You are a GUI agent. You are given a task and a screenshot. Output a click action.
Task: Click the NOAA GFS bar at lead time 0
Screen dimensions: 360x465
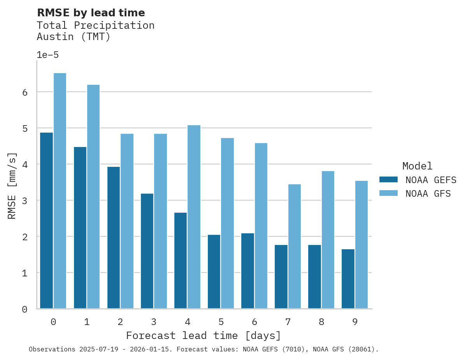point(60,191)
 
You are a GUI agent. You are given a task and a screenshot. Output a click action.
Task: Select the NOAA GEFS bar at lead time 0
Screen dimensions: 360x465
point(46,220)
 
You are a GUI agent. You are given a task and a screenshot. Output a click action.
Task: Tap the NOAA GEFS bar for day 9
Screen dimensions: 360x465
point(348,279)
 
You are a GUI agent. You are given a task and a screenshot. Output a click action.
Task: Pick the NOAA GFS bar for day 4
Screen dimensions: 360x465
point(194,217)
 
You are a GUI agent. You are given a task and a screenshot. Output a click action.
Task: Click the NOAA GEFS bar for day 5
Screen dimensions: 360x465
point(214,272)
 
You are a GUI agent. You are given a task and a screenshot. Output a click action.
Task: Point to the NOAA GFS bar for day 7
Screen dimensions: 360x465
point(295,246)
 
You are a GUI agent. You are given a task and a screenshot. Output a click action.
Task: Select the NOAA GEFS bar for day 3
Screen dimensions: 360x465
point(147,251)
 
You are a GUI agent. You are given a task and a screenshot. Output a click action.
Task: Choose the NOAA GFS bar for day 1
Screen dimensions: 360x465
point(93,197)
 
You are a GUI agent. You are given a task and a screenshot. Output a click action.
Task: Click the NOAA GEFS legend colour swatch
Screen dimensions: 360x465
point(388,180)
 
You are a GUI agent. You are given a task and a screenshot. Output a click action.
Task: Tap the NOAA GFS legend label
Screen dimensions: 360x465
point(428,194)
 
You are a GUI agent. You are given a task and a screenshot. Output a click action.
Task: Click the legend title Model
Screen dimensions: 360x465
point(417,166)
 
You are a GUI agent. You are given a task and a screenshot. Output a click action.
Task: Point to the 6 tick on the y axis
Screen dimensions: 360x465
point(25,92)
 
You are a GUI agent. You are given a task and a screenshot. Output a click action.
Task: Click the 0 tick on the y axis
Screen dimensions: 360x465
point(25,309)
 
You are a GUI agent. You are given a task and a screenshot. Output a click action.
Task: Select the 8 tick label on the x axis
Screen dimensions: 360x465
point(321,322)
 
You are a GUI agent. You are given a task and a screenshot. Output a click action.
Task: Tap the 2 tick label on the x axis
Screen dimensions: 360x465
point(120,322)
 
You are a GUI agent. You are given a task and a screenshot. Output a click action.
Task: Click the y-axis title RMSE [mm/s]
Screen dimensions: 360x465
point(12,185)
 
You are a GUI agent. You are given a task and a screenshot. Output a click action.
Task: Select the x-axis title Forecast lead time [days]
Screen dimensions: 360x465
point(204,336)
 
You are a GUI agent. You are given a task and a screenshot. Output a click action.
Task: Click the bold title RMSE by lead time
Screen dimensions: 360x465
point(91,13)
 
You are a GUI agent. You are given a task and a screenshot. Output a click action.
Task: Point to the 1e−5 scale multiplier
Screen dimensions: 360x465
point(48,55)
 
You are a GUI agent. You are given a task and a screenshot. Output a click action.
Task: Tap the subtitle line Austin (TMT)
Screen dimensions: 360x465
point(74,37)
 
